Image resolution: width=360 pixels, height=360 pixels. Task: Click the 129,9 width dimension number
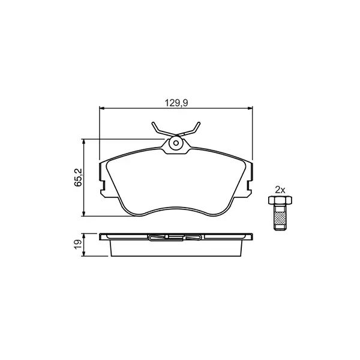(178, 103)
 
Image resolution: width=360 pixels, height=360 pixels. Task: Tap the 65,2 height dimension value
(77, 178)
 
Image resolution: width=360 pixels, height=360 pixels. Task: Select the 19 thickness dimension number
(77, 244)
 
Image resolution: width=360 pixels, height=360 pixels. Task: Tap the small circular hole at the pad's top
(176, 143)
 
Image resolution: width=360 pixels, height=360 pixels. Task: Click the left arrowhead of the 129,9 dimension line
(102, 109)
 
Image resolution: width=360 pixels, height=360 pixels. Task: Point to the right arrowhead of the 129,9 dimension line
(249, 109)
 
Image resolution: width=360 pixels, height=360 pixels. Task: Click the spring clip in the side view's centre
(176, 237)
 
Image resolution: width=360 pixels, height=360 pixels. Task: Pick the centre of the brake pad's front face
(176, 183)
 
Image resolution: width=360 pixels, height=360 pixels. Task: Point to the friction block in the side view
(176, 247)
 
